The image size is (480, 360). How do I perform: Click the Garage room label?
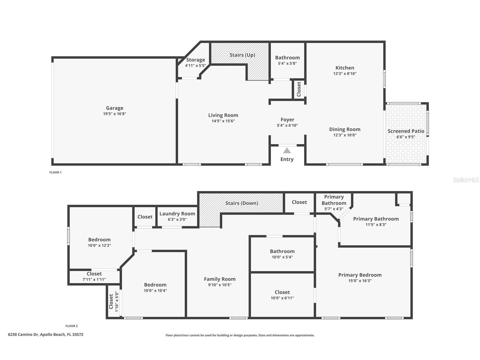(x=115, y=108)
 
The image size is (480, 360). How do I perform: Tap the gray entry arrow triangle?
(x=287, y=151)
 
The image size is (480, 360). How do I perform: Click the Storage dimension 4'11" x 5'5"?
(x=195, y=66)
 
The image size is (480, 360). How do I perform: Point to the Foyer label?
(x=287, y=119)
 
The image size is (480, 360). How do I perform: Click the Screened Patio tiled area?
(x=406, y=147)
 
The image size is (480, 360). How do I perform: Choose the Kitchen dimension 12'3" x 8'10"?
(x=345, y=74)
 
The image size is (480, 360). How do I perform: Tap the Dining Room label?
(x=345, y=129)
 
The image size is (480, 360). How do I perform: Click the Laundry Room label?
(x=177, y=214)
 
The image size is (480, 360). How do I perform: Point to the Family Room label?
(x=219, y=279)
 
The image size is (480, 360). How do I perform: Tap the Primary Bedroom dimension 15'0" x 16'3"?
(x=360, y=281)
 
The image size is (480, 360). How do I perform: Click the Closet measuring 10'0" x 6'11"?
(x=282, y=295)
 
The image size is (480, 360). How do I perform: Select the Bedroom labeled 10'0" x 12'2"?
(x=99, y=242)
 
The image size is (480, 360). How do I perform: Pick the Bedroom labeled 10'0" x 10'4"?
(x=155, y=287)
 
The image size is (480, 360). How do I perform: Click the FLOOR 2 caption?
(x=71, y=326)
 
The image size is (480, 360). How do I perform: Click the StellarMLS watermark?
(x=466, y=180)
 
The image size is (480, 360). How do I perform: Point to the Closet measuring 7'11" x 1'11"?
(x=94, y=277)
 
